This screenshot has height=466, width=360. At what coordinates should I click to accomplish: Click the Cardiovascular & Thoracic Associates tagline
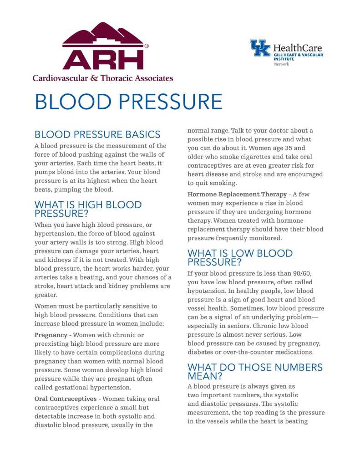click(x=102, y=78)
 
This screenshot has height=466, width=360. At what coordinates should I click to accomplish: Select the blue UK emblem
click(x=260, y=48)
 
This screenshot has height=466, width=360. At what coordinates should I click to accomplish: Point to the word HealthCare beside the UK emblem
click(x=297, y=47)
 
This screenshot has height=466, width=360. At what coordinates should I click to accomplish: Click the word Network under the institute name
click(x=281, y=64)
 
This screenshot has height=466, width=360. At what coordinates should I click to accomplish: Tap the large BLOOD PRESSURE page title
click(x=128, y=102)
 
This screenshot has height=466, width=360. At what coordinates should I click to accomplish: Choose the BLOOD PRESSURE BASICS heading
click(x=97, y=134)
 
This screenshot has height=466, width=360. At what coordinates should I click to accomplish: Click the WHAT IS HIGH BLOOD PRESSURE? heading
click(x=88, y=209)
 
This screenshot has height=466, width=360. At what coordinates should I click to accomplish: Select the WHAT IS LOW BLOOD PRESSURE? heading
click(x=240, y=258)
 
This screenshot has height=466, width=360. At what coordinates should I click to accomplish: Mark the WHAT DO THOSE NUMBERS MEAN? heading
click(x=255, y=372)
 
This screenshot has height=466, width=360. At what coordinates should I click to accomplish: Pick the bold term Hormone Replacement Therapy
click(x=237, y=195)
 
